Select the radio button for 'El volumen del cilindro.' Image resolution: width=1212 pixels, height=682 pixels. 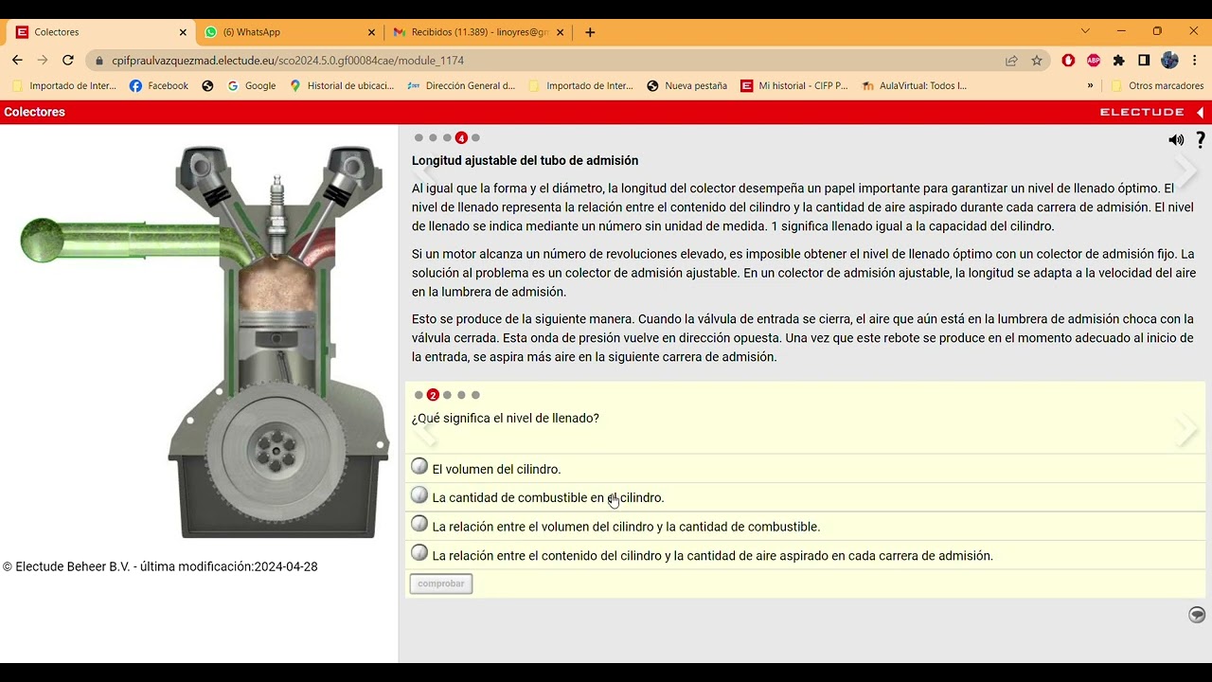pyautogui.click(x=419, y=466)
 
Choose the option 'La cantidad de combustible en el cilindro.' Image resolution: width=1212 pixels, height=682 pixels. pyautogui.click(x=419, y=494)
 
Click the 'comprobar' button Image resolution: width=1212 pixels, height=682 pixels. pyautogui.click(x=441, y=583)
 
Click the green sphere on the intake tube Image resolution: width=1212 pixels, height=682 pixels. pyautogui.click(x=43, y=241)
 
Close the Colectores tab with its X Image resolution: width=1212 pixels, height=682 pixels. pyautogui.click(x=183, y=32)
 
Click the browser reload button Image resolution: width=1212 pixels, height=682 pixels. pyautogui.click(x=68, y=60)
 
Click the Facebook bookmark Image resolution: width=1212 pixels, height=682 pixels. pyautogui.click(x=159, y=85)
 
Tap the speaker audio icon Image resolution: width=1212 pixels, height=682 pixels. pyautogui.click(x=1176, y=140)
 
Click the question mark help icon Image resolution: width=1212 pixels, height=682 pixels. pyautogui.click(x=1201, y=140)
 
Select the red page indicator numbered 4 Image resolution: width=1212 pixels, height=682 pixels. pyautogui.click(x=461, y=138)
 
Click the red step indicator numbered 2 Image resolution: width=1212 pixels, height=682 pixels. pyautogui.click(x=433, y=395)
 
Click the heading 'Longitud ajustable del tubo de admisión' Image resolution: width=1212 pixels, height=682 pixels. pyautogui.click(x=525, y=161)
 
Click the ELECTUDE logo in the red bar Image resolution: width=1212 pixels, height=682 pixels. pyautogui.click(x=1142, y=112)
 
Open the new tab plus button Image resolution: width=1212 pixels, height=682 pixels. pyautogui.click(x=590, y=32)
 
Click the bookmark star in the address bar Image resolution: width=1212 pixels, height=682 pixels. pyautogui.click(x=1037, y=60)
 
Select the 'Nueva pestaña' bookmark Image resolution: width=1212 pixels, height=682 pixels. pyautogui.click(x=686, y=85)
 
